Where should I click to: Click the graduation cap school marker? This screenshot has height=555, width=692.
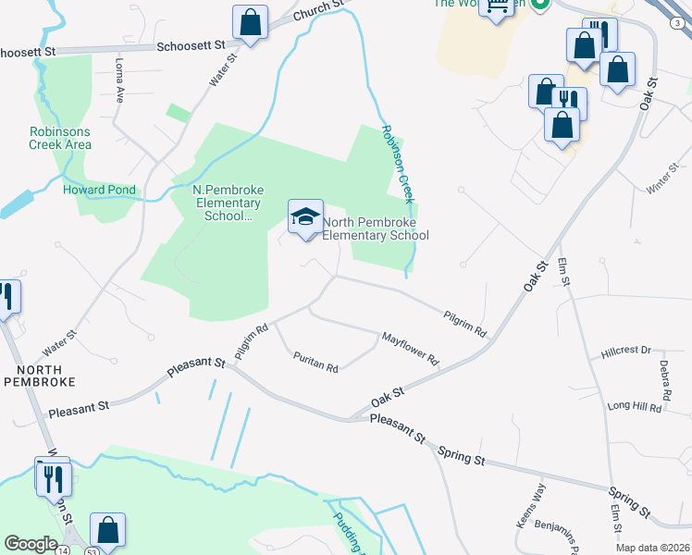(306, 217)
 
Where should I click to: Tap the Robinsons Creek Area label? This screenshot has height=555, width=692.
(60, 138)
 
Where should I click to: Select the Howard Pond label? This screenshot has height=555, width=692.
(99, 190)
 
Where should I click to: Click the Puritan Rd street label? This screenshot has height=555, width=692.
(315, 362)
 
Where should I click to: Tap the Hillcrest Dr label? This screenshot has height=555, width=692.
(625, 351)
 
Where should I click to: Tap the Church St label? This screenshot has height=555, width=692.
(318, 10)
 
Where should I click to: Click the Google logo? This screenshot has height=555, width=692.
(31, 544)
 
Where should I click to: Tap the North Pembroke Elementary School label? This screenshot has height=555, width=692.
(375, 228)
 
